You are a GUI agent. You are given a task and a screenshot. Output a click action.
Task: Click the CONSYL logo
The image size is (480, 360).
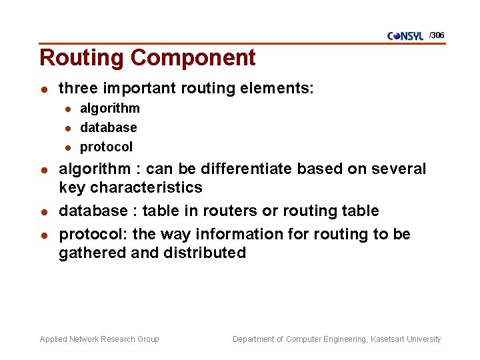click(x=405, y=36)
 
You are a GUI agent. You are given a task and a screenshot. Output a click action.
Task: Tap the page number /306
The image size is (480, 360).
click(x=437, y=35)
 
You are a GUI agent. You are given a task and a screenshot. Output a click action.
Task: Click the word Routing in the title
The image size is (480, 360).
click(x=82, y=58)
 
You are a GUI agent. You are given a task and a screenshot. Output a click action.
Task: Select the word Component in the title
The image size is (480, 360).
click(x=193, y=58)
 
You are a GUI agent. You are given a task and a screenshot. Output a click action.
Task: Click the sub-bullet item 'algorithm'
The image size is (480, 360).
click(x=110, y=108)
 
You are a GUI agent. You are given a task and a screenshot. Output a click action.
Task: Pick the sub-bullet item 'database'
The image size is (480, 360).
click(x=109, y=127)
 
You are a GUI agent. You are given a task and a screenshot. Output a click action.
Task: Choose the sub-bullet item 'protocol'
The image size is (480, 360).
click(x=107, y=147)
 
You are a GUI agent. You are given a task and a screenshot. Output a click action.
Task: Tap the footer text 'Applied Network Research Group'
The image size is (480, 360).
click(x=99, y=339)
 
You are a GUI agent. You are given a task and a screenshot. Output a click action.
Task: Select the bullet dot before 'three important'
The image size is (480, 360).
click(x=43, y=89)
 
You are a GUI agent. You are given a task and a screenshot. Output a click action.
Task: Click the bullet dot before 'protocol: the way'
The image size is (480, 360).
click(x=43, y=235)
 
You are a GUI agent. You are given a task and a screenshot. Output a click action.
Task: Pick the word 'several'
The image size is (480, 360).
click(x=397, y=169)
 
